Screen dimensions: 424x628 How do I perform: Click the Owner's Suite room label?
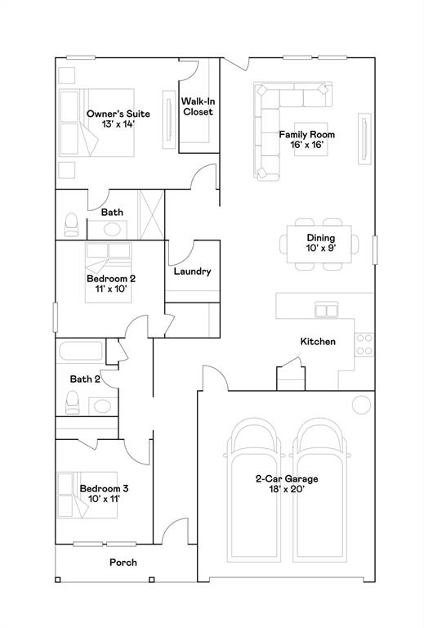(118, 114)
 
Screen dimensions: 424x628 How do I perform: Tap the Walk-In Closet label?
(198, 106)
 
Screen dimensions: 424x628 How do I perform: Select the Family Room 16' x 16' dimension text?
(307, 145)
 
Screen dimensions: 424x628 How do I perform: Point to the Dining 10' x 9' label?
(321, 243)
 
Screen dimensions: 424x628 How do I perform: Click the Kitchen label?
(318, 342)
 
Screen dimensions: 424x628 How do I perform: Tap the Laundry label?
(193, 271)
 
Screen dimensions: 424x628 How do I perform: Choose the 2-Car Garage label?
(287, 478)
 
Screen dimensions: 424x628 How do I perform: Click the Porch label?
(123, 563)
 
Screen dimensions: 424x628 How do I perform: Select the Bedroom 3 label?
(104, 489)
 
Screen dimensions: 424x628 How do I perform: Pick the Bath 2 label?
(85, 379)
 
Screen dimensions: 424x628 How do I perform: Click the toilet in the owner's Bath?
(71, 225)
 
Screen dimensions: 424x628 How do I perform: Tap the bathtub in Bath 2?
(81, 352)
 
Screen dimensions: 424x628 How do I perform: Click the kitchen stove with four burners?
(364, 344)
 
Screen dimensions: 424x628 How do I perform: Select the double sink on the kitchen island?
(327, 309)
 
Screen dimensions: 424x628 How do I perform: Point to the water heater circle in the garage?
(361, 405)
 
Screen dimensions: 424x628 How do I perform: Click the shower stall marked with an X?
(151, 215)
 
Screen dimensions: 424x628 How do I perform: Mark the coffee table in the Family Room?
(311, 139)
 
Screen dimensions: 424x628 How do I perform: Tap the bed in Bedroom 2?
(108, 272)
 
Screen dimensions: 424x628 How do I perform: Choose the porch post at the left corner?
(58, 580)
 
